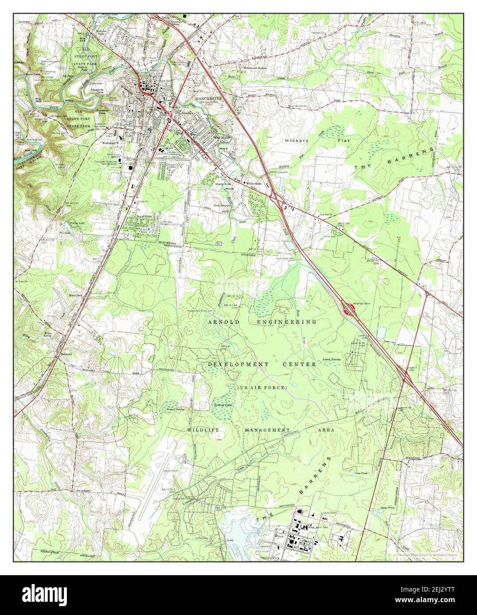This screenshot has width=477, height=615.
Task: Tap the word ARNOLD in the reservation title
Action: (x=223, y=322)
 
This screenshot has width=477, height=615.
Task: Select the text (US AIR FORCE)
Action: (x=262, y=388)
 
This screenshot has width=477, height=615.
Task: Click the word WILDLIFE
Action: (x=203, y=430)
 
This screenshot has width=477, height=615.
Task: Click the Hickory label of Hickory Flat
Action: (x=296, y=140)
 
